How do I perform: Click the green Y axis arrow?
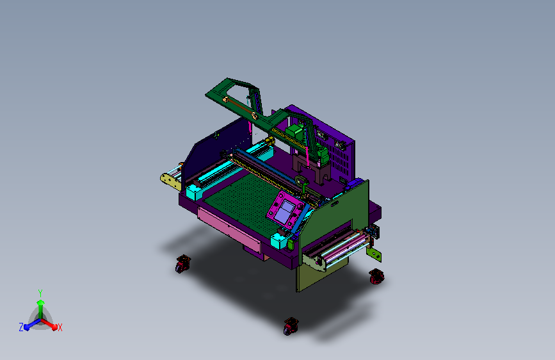[41, 307]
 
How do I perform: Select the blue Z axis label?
[21, 327]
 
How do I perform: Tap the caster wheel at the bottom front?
[291, 326]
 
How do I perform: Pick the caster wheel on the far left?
[182, 264]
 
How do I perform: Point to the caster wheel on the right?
[376, 276]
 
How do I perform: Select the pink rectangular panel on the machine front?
[229, 226]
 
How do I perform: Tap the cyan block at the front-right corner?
[279, 241]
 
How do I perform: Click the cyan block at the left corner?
[194, 192]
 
